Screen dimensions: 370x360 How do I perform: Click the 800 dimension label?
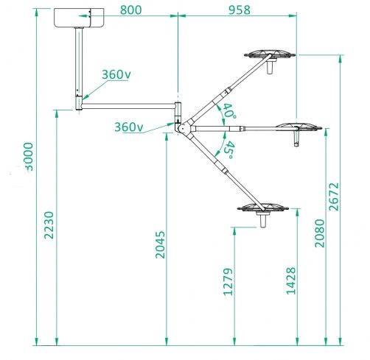(x=131, y=10)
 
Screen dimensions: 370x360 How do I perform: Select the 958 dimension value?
(x=240, y=10)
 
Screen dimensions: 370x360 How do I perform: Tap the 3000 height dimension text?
(x=29, y=157)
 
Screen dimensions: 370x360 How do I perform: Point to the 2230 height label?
(x=49, y=225)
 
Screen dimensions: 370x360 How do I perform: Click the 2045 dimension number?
(x=160, y=244)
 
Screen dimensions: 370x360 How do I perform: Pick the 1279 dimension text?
(x=228, y=281)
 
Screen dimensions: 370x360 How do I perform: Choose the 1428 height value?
(x=291, y=280)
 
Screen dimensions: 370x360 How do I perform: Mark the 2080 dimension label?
(x=320, y=233)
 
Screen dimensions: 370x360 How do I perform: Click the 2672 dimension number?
(x=334, y=197)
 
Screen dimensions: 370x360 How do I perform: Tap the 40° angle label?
(x=229, y=112)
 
